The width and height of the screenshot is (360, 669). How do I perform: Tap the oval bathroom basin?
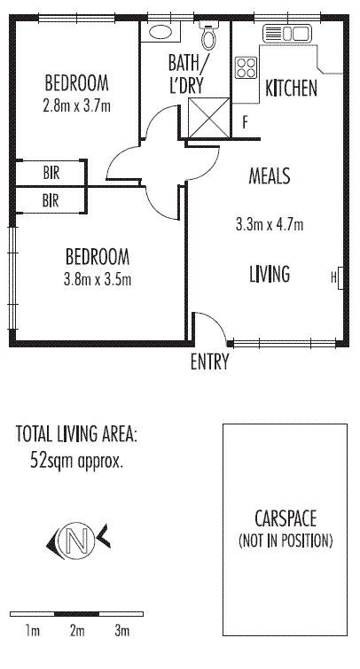coord(160,31)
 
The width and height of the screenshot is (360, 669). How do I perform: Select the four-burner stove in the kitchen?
coord(247,67)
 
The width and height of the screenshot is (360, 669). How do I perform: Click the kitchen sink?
coord(287,34)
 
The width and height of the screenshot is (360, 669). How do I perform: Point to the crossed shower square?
coord(209,118)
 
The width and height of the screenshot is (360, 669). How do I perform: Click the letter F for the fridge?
coord(245,123)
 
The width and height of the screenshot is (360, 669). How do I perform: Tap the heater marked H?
coord(337,278)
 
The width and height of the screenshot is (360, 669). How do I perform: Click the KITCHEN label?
coord(291,89)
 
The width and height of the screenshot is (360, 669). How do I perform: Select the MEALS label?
coord(270,175)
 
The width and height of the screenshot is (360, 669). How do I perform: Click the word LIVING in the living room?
coord(270,274)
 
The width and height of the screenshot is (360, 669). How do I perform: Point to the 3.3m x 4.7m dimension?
coord(270,224)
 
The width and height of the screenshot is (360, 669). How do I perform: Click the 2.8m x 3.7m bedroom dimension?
coord(76,105)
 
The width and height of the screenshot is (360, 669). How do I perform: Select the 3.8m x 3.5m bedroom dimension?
coord(97,279)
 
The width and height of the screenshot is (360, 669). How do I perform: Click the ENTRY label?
coord(209,362)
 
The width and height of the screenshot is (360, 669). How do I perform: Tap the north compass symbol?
coord(78,541)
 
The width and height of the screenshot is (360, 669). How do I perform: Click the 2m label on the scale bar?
coord(77,631)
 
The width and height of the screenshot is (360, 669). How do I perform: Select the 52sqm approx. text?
coord(76,461)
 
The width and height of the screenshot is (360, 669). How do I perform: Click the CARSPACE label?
coord(286,519)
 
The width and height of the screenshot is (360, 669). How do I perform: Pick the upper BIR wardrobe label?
coord(51,173)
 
